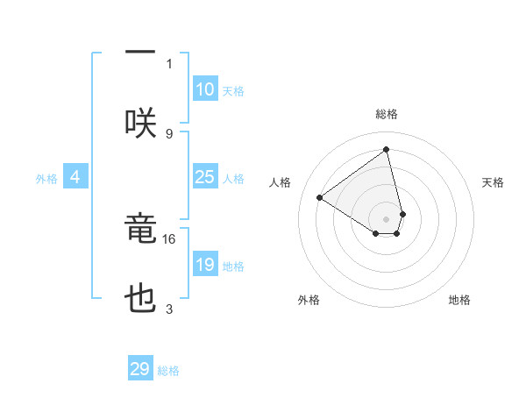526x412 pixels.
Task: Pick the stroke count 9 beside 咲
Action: point(169,133)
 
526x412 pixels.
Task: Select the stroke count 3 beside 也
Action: point(169,309)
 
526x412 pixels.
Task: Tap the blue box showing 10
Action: point(204,89)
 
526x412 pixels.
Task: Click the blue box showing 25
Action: point(204,177)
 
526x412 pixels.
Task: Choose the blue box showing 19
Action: point(204,265)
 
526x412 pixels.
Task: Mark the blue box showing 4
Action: point(75,177)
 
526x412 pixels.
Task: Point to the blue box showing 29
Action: point(140,369)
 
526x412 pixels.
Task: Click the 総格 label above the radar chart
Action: point(387,114)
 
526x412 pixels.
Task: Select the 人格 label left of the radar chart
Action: point(280,182)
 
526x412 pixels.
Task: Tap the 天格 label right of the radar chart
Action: point(493,182)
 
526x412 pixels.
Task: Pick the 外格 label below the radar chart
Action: point(309,300)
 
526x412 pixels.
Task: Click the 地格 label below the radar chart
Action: point(459,300)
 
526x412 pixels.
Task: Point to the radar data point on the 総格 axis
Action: point(387,150)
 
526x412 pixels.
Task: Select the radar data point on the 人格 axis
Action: point(320,198)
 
